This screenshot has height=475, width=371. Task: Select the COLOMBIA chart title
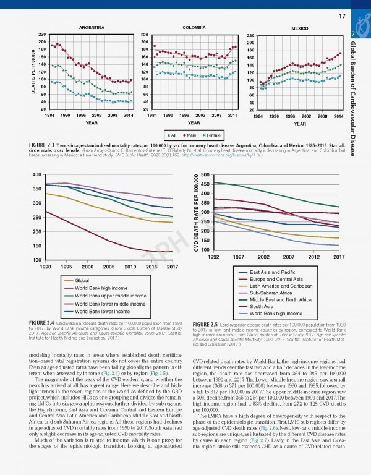[x=195, y=28]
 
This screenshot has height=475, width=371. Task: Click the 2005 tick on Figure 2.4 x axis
[x=109, y=267]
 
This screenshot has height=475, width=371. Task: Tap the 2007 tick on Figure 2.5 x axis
[x=289, y=257]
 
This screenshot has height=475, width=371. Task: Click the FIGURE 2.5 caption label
[x=208, y=324]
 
